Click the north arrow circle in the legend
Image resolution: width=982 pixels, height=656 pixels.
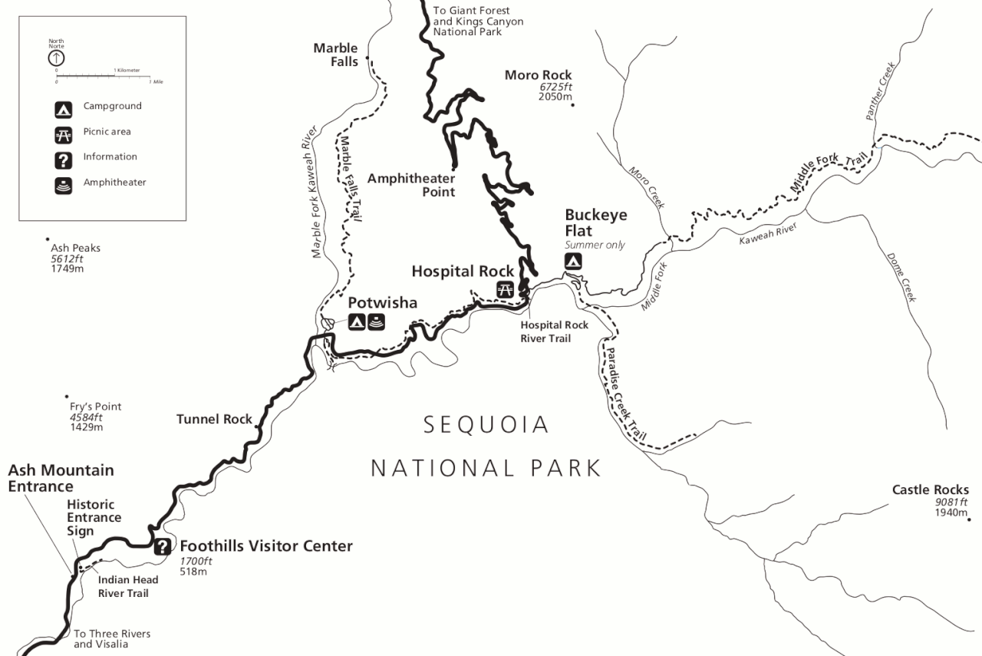coord(57,57)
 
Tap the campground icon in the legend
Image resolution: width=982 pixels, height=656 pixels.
coord(63,110)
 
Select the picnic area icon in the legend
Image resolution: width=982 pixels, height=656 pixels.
coord(63,135)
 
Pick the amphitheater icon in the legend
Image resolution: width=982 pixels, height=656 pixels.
coord(63,185)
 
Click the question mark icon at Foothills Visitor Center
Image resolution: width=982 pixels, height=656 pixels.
coord(162,546)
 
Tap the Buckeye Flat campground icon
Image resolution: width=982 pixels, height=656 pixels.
coord(573,262)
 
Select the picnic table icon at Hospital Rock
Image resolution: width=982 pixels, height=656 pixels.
coord(505,289)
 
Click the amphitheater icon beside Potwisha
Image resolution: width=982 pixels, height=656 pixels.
coord(376,322)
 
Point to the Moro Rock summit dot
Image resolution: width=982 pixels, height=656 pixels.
coord(573,104)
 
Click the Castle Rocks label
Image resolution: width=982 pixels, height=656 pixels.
coord(930,490)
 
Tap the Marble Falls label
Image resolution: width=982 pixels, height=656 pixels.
coord(335,54)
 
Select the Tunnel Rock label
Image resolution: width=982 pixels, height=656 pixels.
coord(214,419)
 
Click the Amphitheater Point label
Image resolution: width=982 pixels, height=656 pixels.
coord(411,185)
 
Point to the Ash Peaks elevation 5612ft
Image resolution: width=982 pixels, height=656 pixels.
coord(68,259)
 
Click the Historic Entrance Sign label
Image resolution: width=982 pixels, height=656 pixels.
coord(94,517)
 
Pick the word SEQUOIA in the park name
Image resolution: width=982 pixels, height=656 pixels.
coord(487,424)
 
